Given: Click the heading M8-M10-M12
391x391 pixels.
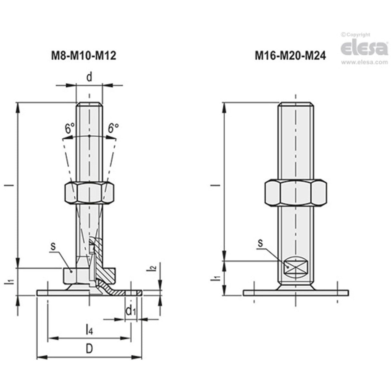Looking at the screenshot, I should pyautogui.click(x=83, y=56).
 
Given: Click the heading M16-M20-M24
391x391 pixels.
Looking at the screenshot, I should pyautogui.click(x=290, y=56).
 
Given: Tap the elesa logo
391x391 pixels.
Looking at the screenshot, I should pyautogui.click(x=364, y=48).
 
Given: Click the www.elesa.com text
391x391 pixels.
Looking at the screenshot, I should pyautogui.click(x=364, y=62).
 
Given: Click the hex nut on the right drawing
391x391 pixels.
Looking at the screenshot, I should pyautogui.click(x=295, y=193).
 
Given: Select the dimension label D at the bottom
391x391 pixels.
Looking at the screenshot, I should pyautogui.click(x=89, y=349).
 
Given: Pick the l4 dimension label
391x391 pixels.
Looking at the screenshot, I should pyautogui.click(x=89, y=330).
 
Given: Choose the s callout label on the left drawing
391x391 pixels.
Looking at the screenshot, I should pyautogui.click(x=53, y=246).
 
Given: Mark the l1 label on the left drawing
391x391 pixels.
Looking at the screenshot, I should pyautogui.click(x=11, y=281).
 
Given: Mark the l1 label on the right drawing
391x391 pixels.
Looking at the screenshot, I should pyautogui.click(x=217, y=278).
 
